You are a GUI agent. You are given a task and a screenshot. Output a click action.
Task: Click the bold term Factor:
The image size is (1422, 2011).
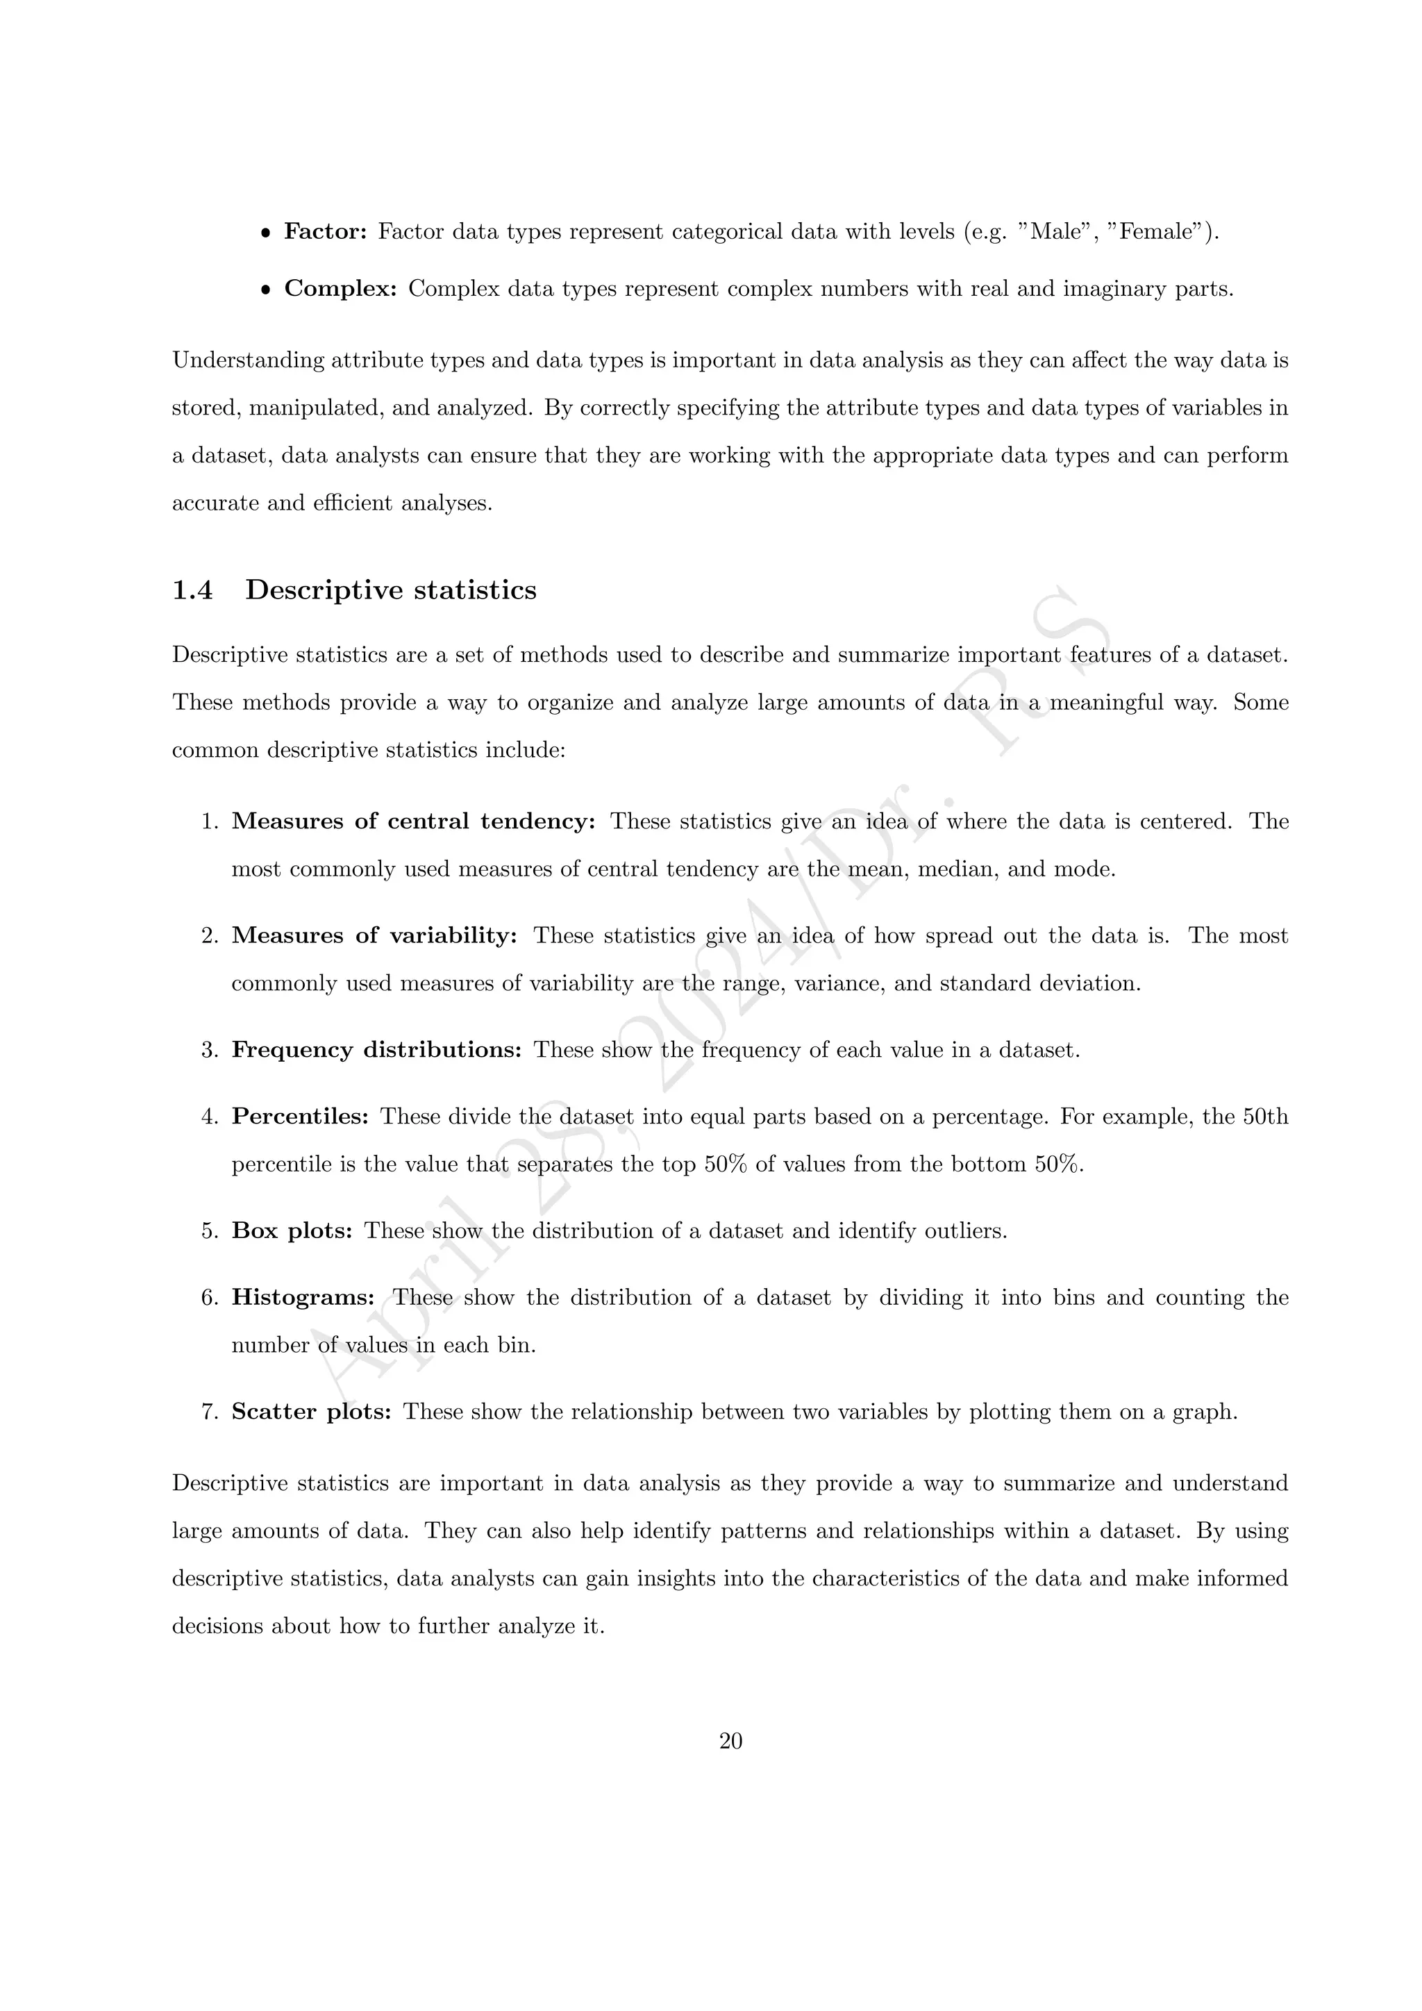point(326,232)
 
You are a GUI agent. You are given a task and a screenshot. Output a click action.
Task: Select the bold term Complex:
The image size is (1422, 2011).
point(341,289)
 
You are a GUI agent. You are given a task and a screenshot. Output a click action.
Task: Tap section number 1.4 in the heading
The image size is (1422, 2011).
point(192,590)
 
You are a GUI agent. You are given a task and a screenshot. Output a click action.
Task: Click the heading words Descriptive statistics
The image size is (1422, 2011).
point(390,590)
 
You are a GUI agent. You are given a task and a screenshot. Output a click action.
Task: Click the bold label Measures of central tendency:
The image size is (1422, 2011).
point(413,821)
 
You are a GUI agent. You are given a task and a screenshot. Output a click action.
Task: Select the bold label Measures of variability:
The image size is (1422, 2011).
point(375,935)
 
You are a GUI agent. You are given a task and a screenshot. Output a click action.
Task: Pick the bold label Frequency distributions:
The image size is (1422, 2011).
point(376,1050)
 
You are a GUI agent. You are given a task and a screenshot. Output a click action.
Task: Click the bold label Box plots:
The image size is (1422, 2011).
point(292,1230)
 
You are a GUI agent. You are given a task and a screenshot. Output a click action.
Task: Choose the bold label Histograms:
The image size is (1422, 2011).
point(303,1297)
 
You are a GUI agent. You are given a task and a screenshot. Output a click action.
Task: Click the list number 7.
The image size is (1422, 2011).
point(208,1412)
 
